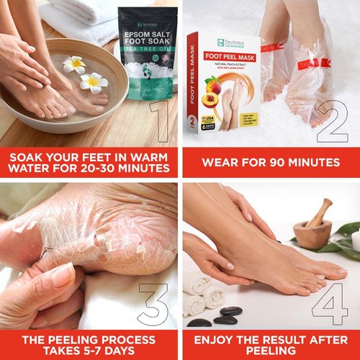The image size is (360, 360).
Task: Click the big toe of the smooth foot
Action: pyautogui.click(x=338, y=271)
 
